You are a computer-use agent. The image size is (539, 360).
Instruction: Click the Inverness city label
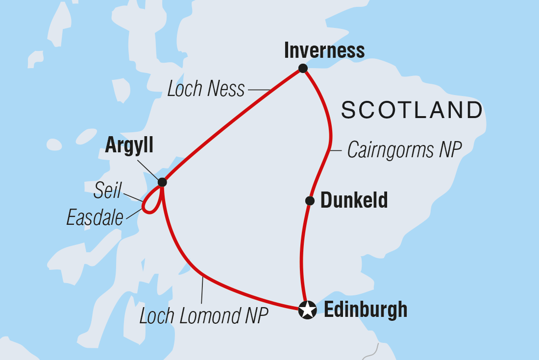(324, 50)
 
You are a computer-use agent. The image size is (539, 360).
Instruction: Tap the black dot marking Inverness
(303, 69)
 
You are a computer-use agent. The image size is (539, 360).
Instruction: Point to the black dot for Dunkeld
(310, 200)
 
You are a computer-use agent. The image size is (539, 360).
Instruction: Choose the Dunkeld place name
(354, 200)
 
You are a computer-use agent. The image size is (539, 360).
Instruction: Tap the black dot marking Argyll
(162, 182)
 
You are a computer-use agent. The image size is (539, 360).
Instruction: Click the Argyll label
(129, 145)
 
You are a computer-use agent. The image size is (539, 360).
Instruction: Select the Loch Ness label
(206, 89)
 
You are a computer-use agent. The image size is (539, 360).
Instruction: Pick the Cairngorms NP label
(404, 150)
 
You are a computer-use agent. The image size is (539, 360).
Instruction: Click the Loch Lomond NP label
(204, 316)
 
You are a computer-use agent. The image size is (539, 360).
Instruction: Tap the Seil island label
(109, 191)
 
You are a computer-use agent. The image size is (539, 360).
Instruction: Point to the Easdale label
(95, 217)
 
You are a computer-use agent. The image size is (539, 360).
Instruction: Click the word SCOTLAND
(412, 110)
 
